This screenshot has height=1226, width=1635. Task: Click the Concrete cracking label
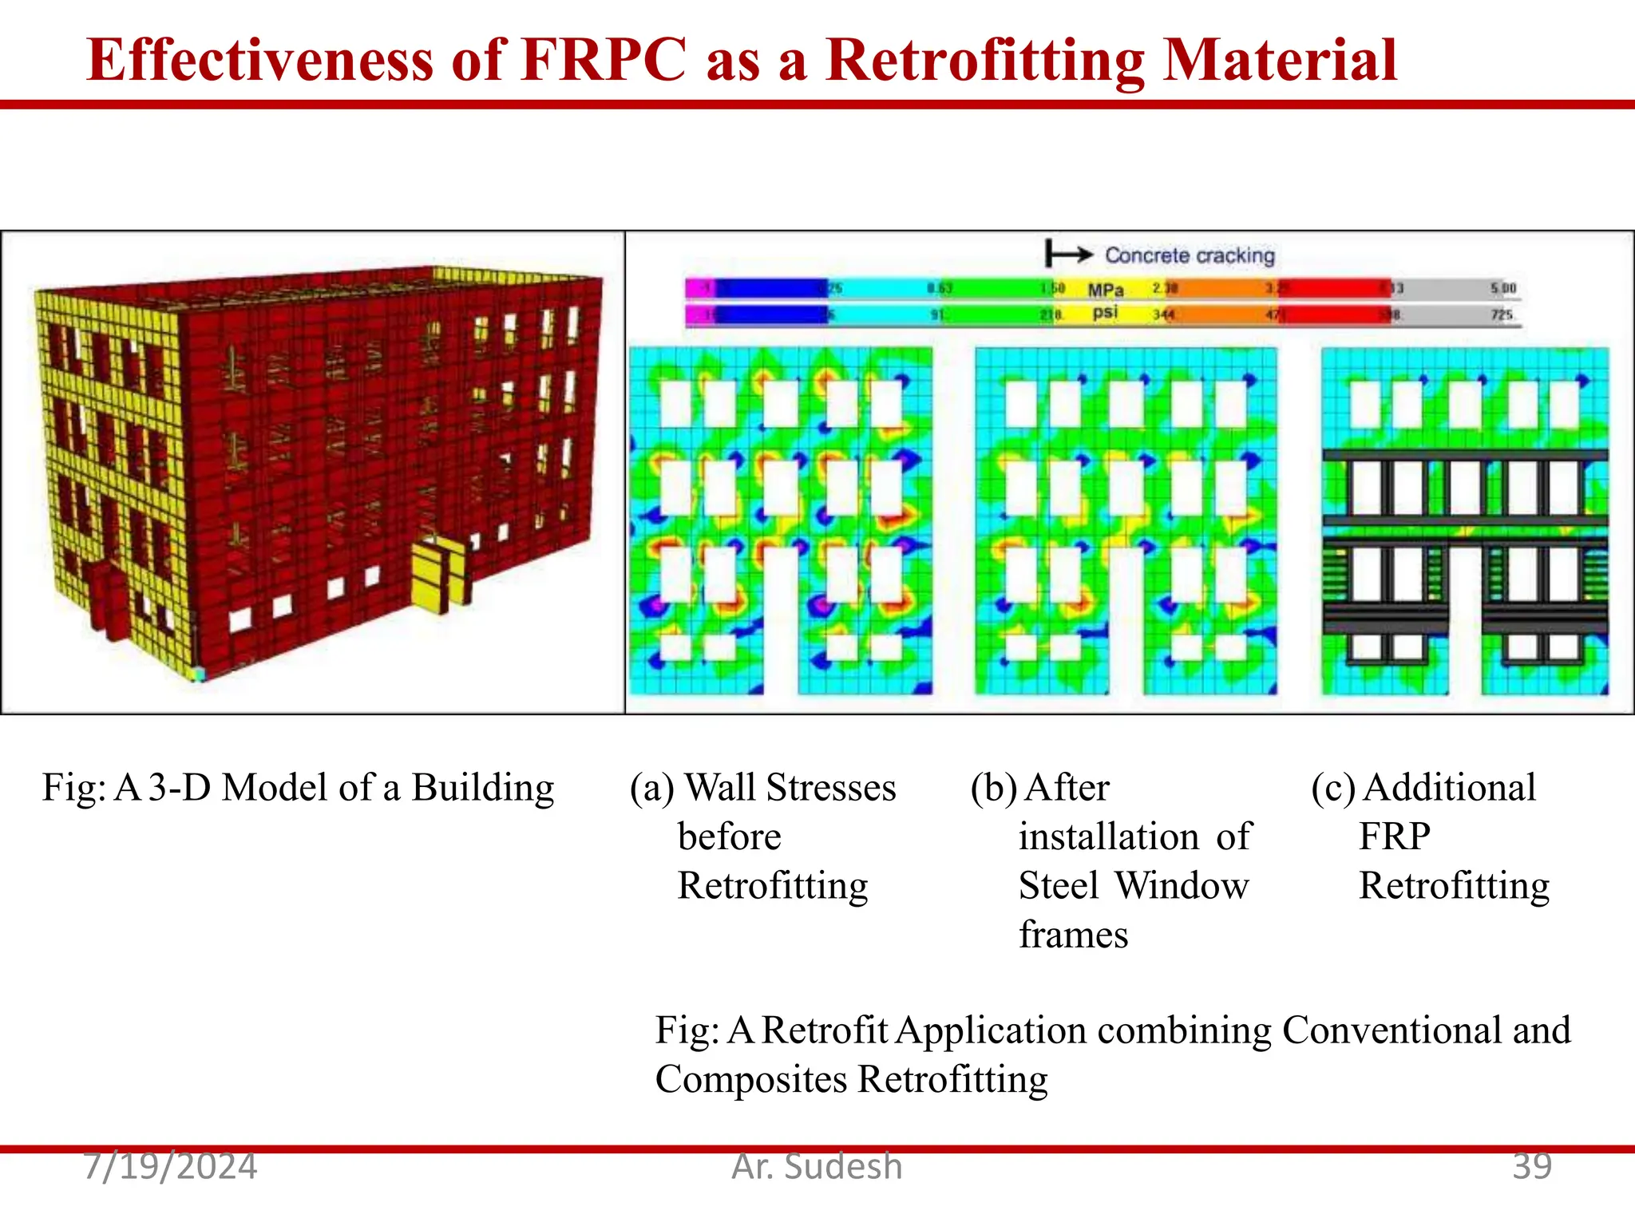1189,255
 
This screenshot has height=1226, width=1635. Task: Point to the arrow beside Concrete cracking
1069,255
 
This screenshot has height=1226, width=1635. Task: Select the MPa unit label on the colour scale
1105,290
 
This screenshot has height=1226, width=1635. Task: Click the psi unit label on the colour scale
1105,312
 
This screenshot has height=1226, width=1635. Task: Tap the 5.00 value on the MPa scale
1502,288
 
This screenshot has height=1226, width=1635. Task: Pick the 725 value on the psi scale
1502,314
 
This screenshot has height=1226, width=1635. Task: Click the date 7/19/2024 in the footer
170,1167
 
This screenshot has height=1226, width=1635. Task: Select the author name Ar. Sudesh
817,1167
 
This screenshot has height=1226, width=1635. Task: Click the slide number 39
1531,1167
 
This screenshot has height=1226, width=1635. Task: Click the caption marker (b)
993,788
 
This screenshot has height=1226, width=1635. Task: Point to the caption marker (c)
1333,788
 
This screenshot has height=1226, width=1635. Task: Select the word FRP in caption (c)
1394,836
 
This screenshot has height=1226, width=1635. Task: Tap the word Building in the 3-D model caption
482,788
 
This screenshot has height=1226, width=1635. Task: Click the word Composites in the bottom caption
750,1079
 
